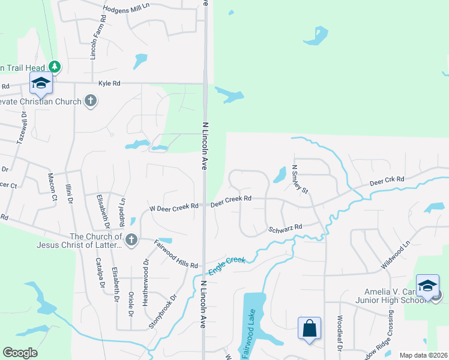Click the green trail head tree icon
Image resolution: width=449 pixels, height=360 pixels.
pyautogui.click(x=55, y=66)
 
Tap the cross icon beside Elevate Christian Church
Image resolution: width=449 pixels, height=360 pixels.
pyautogui.click(x=91, y=101)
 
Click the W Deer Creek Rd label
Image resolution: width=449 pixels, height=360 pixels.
pyautogui.click(x=173, y=208)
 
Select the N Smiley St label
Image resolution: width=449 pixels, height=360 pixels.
pyautogui.click(x=299, y=180)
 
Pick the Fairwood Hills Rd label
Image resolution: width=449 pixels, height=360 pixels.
pyautogui.click(x=176, y=254)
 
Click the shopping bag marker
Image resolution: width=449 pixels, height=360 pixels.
pyautogui.click(x=310, y=329)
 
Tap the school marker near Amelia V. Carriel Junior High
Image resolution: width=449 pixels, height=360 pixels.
pyautogui.click(x=427, y=286)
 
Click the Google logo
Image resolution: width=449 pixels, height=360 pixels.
pyautogui.click(x=20, y=353)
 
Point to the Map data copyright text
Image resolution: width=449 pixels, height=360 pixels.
pyautogui.click(x=422, y=355)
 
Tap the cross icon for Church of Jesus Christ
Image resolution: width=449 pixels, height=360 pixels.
pyautogui.click(x=132, y=241)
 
